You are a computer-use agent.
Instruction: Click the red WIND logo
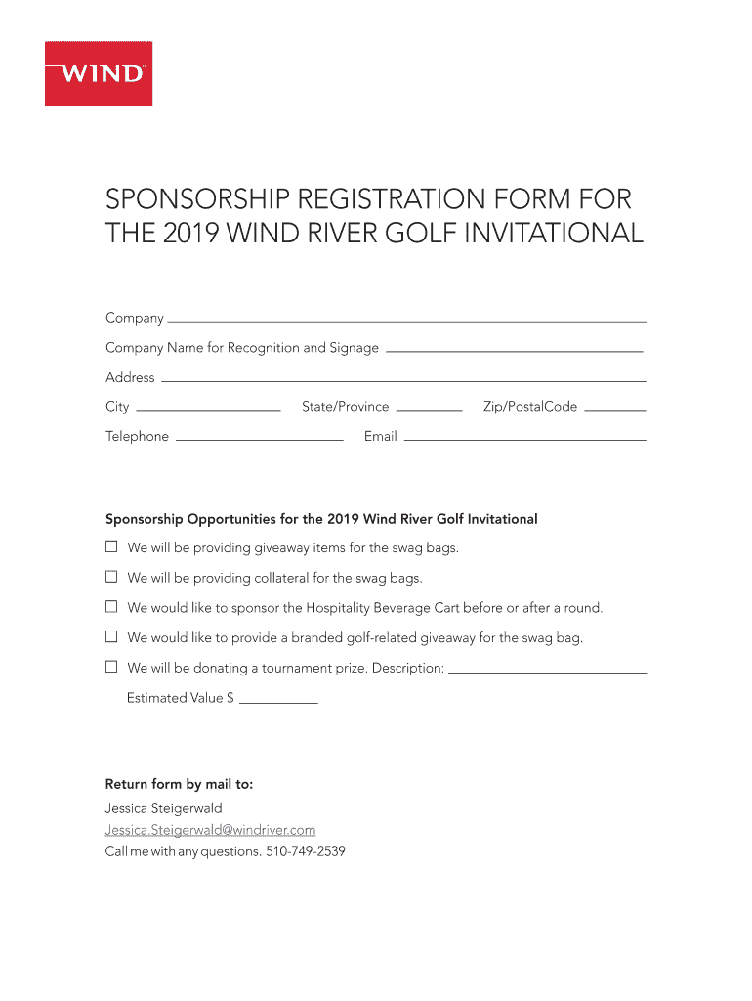[99, 73]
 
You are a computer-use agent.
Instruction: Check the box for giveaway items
[111, 546]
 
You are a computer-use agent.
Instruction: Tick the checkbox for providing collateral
[111, 577]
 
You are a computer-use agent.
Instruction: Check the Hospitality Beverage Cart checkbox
[111, 607]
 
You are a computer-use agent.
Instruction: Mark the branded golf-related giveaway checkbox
[111, 637]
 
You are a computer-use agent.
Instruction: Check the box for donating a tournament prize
[111, 668]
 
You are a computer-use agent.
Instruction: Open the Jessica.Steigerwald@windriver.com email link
[210, 830]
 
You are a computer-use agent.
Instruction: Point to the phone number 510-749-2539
[306, 851]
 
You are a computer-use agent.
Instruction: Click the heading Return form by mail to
[179, 784]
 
